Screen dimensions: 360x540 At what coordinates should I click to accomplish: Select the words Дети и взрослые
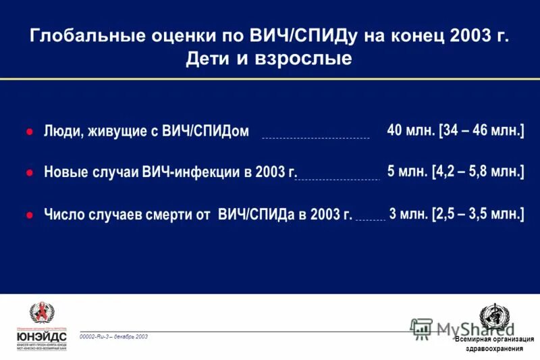[x=269, y=59]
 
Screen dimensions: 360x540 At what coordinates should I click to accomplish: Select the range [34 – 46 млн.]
[x=481, y=130]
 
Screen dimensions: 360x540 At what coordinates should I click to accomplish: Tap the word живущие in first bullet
[x=115, y=132]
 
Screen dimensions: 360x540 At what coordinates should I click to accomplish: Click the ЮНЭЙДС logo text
[x=42, y=335]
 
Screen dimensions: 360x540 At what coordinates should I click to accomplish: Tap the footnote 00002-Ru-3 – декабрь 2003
[x=113, y=336]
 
